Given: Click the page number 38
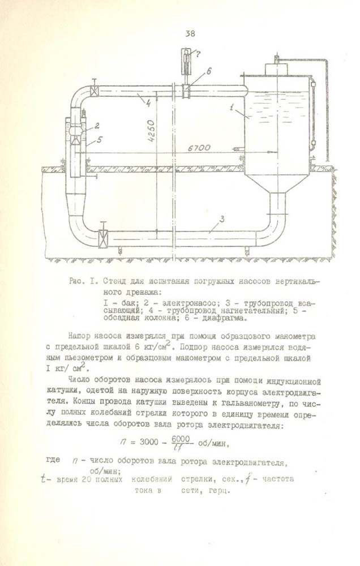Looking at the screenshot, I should (190, 33).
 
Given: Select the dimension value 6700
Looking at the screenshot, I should (199, 148).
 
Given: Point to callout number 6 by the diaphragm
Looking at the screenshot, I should (208, 71).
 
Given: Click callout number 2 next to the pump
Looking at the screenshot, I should (97, 126).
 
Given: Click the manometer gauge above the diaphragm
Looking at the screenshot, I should (186, 59).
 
